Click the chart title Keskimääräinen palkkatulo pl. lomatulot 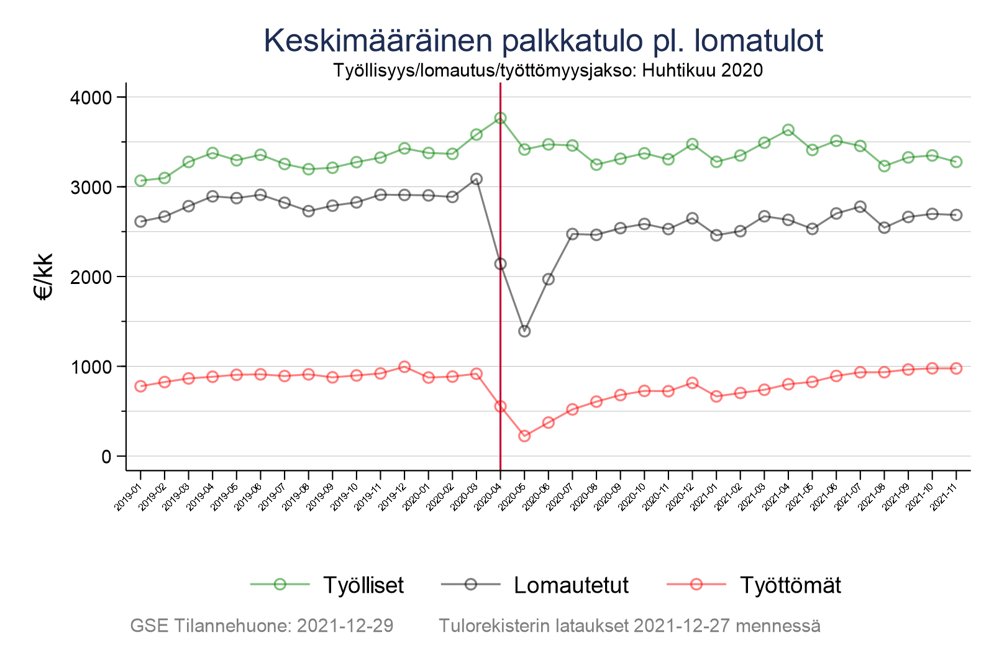pos(544,40)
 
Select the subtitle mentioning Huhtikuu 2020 pos(547,70)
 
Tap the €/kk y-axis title pos(43,277)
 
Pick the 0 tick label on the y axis pos(106,457)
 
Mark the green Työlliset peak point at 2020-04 pos(500,118)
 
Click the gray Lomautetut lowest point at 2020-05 pos(524,331)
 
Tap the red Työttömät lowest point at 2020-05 pos(524,436)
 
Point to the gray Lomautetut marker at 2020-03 pos(476,179)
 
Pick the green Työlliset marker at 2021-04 pos(788,130)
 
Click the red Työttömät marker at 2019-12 pos(404,367)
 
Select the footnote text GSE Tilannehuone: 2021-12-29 pos(262,626)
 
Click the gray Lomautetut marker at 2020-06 pos(549,279)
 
